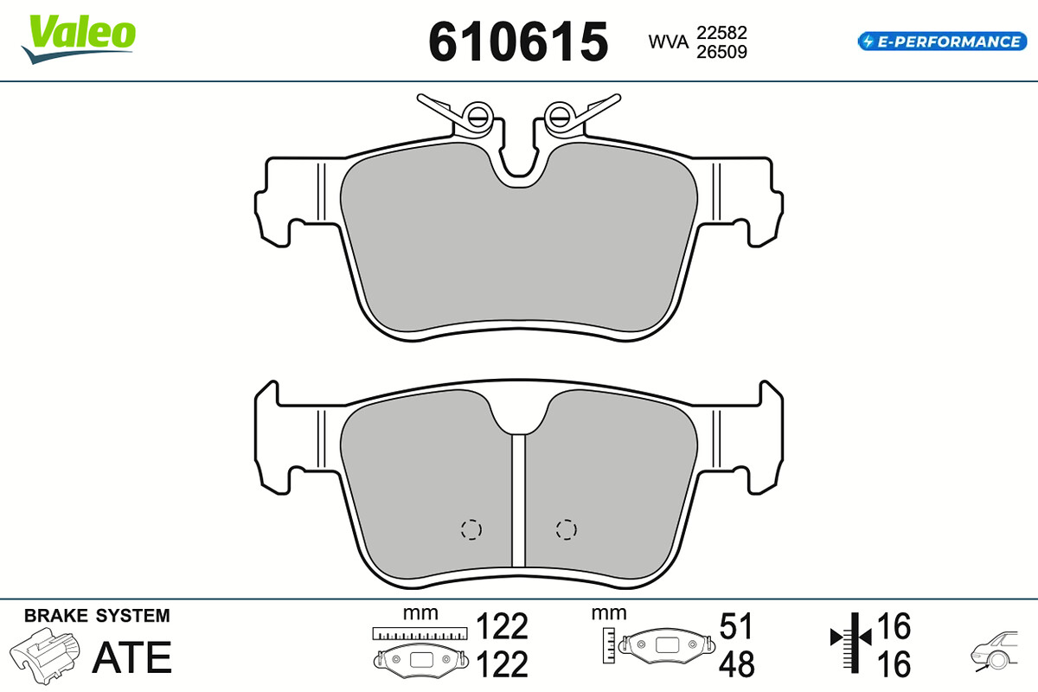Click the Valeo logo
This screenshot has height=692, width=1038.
[x=79, y=38]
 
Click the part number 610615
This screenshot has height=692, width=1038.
[x=518, y=42]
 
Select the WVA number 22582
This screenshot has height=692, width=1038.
[x=721, y=33]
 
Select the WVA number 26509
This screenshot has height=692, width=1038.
[x=721, y=52]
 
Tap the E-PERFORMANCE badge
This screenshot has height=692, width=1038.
[x=942, y=42]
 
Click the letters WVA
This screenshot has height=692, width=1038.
[x=668, y=42]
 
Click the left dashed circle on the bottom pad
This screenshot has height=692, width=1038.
[x=471, y=529]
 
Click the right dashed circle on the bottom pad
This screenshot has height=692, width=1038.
[x=567, y=529]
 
